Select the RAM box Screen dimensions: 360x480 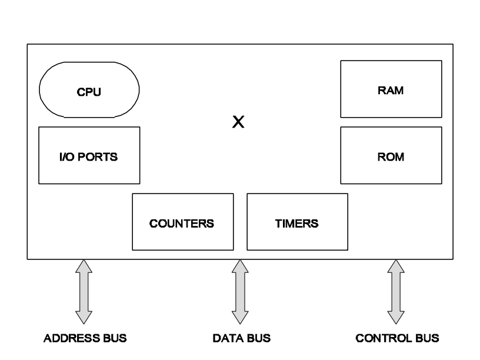point(391,89)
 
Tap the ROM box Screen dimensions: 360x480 point(391,155)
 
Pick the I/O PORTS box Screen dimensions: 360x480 point(89,155)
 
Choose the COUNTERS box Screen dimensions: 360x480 point(182,222)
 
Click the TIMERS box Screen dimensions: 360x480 point(297,222)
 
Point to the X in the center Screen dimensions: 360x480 point(238,122)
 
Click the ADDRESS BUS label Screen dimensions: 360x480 point(85,339)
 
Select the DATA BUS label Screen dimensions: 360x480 point(238,339)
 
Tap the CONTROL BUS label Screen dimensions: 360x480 point(397,339)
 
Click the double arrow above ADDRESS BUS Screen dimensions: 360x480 point(85,292)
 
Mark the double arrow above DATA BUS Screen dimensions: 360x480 point(239,292)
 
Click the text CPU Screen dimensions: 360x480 point(89,92)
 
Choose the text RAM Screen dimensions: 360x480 point(391,91)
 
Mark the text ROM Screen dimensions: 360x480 point(391,157)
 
